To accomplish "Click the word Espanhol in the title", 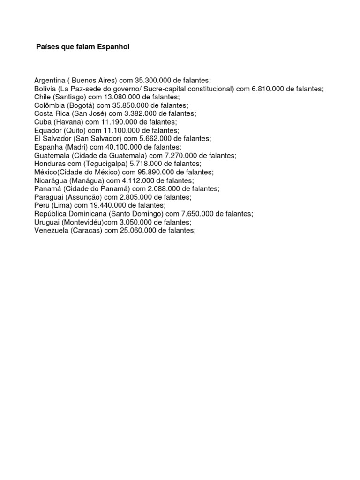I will [x=107, y=47].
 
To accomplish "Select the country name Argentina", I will [x=49, y=81].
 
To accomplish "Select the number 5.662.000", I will [x=159, y=139].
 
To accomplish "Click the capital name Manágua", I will [x=87, y=180].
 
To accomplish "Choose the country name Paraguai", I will [x=49, y=197].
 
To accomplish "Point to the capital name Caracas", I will [x=87, y=231].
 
